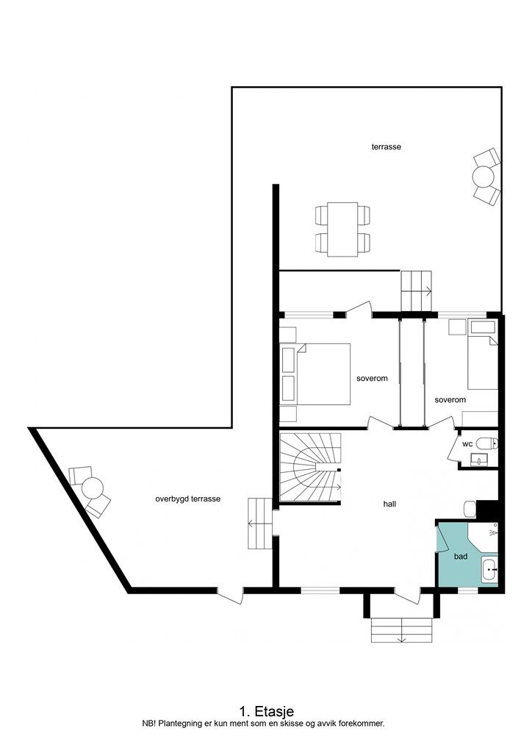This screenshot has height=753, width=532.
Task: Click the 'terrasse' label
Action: [x=387, y=146]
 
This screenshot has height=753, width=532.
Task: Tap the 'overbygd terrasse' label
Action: [x=188, y=499]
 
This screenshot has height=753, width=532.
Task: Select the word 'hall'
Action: [x=389, y=504]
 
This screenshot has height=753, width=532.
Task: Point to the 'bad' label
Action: [x=461, y=557]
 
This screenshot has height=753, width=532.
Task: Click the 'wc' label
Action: [x=467, y=444]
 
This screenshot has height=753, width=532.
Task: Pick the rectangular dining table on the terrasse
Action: [x=343, y=229]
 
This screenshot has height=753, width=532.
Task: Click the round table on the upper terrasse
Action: [x=484, y=176]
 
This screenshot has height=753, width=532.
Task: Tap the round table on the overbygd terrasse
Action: [x=93, y=488]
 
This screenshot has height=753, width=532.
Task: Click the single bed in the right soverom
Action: [x=483, y=363]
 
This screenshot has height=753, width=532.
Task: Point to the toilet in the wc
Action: [x=487, y=443]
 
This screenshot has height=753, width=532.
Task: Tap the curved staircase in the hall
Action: [x=310, y=467]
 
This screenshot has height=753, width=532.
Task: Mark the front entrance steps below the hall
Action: [x=401, y=630]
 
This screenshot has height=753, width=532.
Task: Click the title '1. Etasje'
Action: [x=267, y=711]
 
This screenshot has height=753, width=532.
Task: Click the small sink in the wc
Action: [x=480, y=460]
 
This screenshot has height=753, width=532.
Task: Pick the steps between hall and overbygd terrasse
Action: [x=259, y=524]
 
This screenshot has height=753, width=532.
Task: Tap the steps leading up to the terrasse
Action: [x=417, y=290]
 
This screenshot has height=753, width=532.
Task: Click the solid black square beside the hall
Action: [x=487, y=510]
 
